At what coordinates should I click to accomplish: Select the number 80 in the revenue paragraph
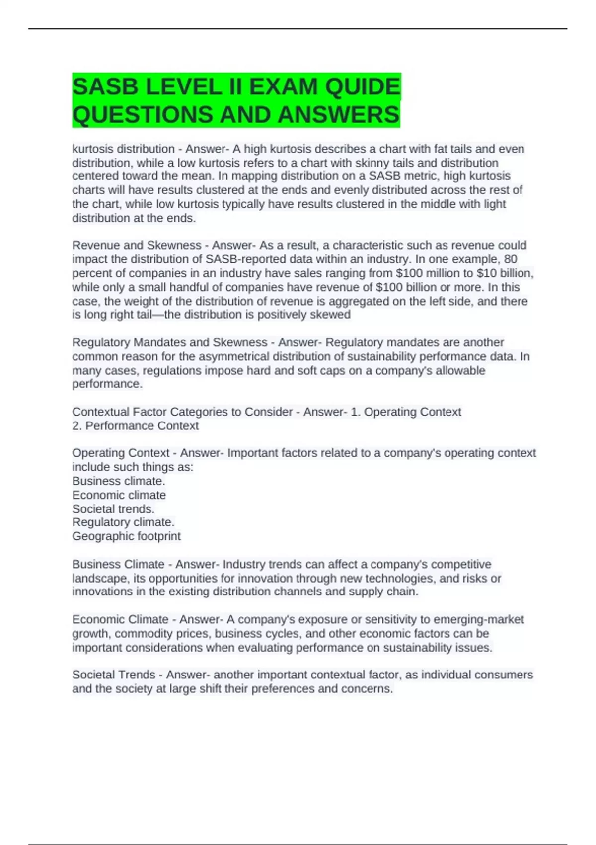(x=510, y=259)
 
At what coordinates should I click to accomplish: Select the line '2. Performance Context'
(x=136, y=425)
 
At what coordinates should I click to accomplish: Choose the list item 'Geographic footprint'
(x=127, y=536)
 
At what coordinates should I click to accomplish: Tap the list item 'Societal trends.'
(x=114, y=508)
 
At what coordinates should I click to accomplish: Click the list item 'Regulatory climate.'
(x=124, y=522)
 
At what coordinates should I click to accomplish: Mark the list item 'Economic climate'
(x=119, y=495)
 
